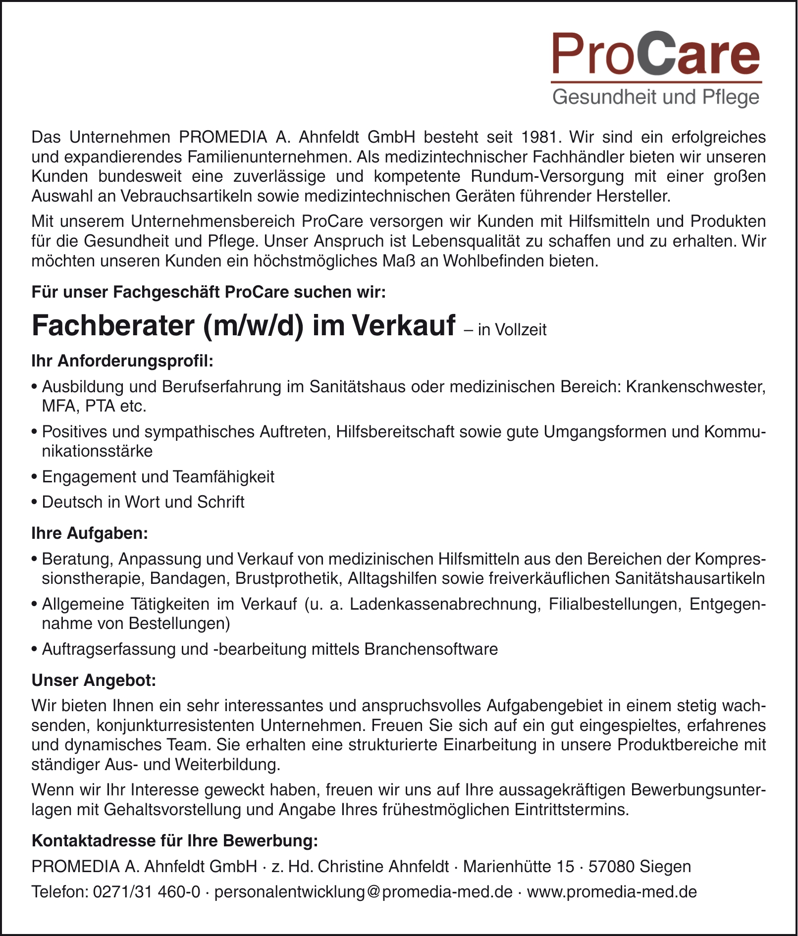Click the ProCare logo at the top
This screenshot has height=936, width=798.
pos(656,53)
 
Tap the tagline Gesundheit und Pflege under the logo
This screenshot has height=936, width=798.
pos(656,97)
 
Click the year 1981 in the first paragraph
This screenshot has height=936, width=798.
pos(539,136)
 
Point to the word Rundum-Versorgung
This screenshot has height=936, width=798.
pos(547,176)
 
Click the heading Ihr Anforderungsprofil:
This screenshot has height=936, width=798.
pos(122,361)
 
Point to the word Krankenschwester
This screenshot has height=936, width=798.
pos(696,386)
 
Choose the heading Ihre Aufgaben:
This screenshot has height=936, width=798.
pos(90,533)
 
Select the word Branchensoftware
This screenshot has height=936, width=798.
pos(430,649)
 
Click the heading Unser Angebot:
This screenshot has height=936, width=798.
pos(94,680)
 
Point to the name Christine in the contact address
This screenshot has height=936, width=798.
pos(351,867)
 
